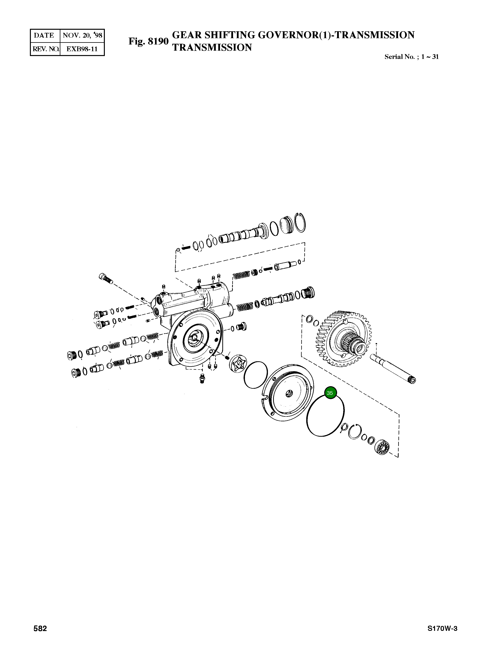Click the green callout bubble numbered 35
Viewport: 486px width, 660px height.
[x=330, y=393]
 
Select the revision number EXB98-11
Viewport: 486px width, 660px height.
[x=82, y=49]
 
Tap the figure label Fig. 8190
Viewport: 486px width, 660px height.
[x=148, y=41]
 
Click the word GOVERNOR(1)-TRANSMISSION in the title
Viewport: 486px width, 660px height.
[x=336, y=35]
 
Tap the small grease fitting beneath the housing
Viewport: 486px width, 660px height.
[x=202, y=379]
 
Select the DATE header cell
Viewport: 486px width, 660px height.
[x=44, y=36]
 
